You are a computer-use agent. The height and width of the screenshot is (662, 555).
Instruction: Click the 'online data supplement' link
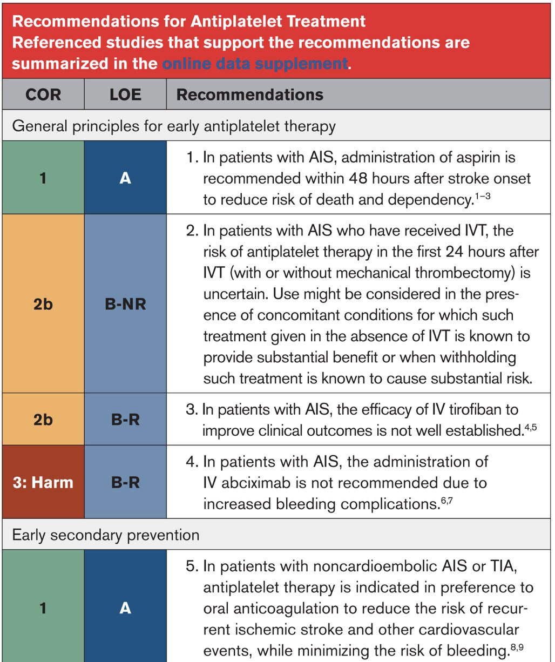point(255,64)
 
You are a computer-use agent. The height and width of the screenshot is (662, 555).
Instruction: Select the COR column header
point(43,94)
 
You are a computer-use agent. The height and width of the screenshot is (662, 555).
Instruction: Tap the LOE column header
point(125,94)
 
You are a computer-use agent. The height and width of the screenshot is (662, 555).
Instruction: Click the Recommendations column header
point(249,94)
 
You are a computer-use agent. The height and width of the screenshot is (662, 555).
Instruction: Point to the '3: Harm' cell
point(43,482)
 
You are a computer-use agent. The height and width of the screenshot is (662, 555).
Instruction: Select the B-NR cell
point(125,304)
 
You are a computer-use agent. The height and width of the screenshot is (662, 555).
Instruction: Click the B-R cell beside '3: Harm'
point(125,482)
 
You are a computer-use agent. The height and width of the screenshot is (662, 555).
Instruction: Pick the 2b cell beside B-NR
point(43,304)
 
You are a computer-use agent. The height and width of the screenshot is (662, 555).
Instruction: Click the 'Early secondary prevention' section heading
point(106,535)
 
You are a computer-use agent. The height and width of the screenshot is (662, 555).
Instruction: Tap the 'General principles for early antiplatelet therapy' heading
point(174,126)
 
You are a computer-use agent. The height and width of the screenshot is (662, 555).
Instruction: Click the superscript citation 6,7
point(446,499)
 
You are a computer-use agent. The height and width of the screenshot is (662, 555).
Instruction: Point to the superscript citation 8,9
point(517,646)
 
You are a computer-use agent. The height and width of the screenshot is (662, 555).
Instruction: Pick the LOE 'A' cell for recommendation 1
point(125,178)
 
